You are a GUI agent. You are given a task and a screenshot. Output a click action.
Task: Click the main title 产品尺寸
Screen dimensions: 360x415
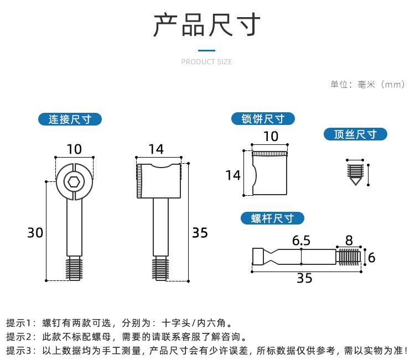pyautogui.click(x=207, y=25)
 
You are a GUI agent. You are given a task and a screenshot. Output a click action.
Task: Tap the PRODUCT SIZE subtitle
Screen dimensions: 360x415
pyautogui.click(x=207, y=62)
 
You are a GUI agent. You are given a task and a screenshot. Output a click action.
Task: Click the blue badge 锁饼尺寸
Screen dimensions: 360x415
pyautogui.click(x=263, y=119)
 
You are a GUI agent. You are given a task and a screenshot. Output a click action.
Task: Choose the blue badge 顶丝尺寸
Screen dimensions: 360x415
pyautogui.click(x=355, y=134)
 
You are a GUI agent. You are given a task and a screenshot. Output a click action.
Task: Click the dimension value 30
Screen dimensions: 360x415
pyautogui.click(x=35, y=233)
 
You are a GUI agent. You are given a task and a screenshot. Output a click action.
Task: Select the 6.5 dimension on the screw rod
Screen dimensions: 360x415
pyautogui.click(x=301, y=241)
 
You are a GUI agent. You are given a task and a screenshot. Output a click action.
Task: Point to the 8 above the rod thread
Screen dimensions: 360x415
pyautogui.click(x=349, y=241)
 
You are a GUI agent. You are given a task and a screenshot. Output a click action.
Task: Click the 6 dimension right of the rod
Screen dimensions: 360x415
pyautogui.click(x=371, y=257)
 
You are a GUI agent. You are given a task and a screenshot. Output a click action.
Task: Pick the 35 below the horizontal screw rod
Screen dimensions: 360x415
pyautogui.click(x=304, y=278)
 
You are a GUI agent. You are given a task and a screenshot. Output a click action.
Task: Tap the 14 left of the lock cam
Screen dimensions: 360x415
pyautogui.click(x=233, y=175)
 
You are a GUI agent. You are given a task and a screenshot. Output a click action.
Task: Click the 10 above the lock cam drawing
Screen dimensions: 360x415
pyautogui.click(x=271, y=137)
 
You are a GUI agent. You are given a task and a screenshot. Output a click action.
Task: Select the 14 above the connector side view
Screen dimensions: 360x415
pyautogui.click(x=156, y=149)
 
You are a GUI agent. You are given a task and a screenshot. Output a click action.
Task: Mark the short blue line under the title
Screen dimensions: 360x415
pyautogui.click(x=207, y=50)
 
